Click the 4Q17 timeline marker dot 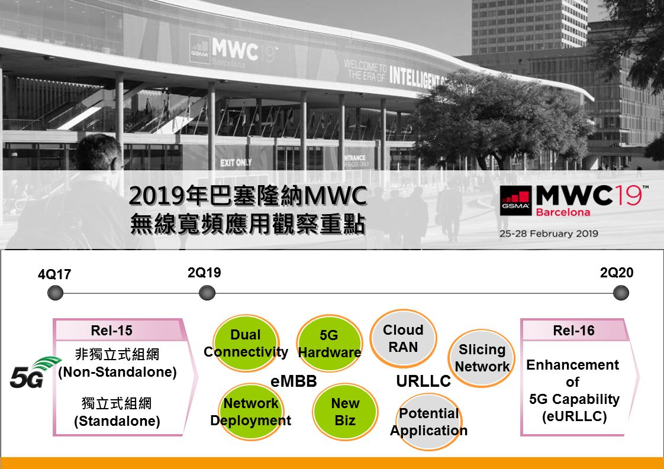55,293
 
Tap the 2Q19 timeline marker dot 207,293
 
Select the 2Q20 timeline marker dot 621,293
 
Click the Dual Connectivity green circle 246,343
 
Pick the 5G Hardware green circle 330,343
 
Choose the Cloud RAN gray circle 403,338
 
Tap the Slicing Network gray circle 482,358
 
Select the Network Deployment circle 251,412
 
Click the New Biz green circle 345,412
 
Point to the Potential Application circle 429,422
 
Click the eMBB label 294,381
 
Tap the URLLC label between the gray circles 424,381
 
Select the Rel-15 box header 118,330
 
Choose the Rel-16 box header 574,330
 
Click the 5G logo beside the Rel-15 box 34,373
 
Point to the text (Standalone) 117,421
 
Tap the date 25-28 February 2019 549,234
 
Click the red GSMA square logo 515,200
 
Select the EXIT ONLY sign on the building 236,163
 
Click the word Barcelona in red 563,212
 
